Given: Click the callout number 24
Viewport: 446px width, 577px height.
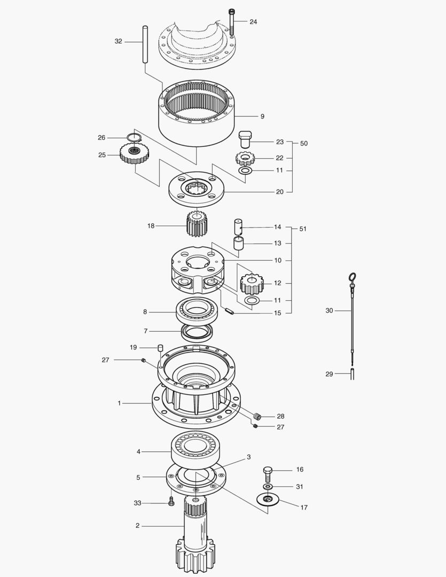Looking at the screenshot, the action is click(253, 22).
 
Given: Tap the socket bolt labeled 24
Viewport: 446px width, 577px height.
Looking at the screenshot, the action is click(231, 22).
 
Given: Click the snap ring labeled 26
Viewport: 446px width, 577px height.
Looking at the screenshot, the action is click(134, 138).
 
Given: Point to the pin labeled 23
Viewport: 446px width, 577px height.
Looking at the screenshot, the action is click(245, 139).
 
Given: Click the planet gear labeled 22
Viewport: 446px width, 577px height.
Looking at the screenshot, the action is click(245, 159).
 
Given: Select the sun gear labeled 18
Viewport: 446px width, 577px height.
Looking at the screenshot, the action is click(198, 224).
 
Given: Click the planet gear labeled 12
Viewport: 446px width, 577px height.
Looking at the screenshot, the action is click(252, 284).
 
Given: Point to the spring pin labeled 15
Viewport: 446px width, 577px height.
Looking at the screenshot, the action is click(229, 311).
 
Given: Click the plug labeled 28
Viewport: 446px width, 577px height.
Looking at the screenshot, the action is click(257, 417).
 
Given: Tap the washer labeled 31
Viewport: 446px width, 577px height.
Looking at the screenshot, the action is click(268, 487).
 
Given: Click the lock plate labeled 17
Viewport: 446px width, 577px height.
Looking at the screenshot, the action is click(268, 500).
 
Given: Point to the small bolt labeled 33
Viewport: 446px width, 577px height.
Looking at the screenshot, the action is click(171, 501).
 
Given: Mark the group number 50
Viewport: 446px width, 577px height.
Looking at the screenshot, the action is click(303, 143).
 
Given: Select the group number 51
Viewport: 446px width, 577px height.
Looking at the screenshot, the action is click(302, 229).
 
